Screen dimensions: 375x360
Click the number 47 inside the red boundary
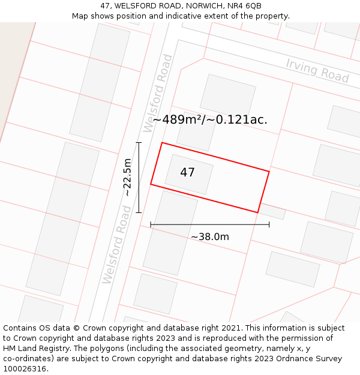tap(187, 173)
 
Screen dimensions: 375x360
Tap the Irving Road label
tap(317, 71)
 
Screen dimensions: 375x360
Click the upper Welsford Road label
tap(158, 93)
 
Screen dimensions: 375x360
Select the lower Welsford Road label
tap(116, 245)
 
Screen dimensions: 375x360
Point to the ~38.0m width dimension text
tap(210, 237)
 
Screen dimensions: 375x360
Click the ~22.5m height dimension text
tap(127, 177)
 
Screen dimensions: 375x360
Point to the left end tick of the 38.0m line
tap(151, 224)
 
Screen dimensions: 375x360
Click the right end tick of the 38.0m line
tap(269, 224)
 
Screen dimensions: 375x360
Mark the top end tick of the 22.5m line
tap(139, 143)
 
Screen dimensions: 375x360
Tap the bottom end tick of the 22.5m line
tap(139, 212)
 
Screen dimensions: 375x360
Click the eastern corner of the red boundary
tap(269, 172)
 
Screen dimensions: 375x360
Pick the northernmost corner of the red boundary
tap(162, 143)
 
